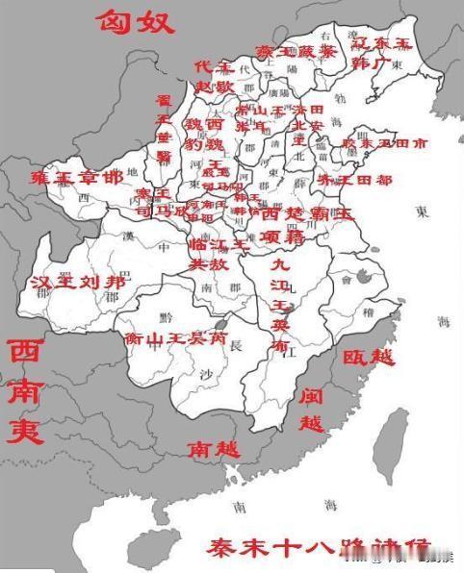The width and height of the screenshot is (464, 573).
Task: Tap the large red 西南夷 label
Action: tap(26, 391)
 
